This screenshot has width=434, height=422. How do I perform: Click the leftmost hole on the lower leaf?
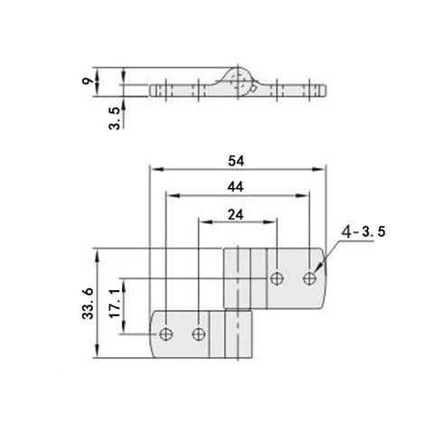(x=165, y=335)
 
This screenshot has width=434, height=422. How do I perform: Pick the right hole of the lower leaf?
(x=199, y=335)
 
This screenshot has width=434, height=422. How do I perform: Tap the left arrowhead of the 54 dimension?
(x=154, y=169)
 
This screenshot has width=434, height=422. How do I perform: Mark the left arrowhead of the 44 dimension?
(x=168, y=195)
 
